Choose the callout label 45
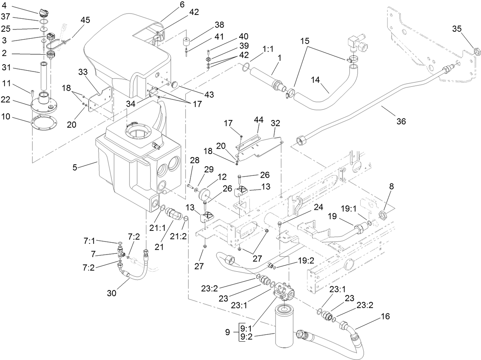(x=85, y=20)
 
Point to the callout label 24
(x=318, y=207)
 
